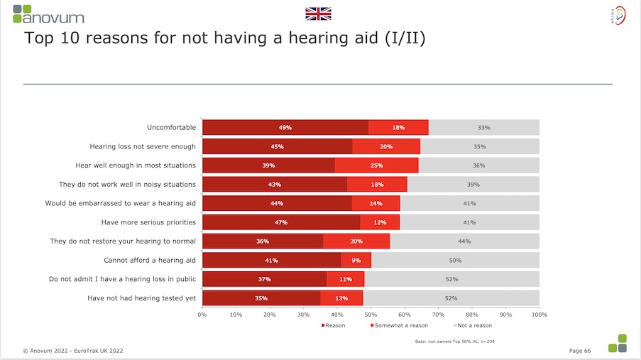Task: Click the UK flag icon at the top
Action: coord(318,13)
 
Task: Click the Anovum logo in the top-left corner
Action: coord(48,13)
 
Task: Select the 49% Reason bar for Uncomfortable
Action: coord(285,128)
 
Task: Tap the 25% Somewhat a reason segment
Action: coord(376,165)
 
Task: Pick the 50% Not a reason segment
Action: coord(455,261)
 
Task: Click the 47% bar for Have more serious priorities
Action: coord(281,222)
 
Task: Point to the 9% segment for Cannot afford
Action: coord(356,261)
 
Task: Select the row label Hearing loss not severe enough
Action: coord(143,146)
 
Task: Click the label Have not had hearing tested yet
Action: coord(141,298)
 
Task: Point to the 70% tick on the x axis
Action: coord(438,314)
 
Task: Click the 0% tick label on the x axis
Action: coord(202,314)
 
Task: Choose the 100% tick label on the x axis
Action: coord(539,314)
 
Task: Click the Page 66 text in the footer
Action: coord(583,350)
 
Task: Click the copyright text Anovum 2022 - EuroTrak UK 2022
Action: coord(73,350)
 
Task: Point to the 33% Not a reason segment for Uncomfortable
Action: coord(483,128)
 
